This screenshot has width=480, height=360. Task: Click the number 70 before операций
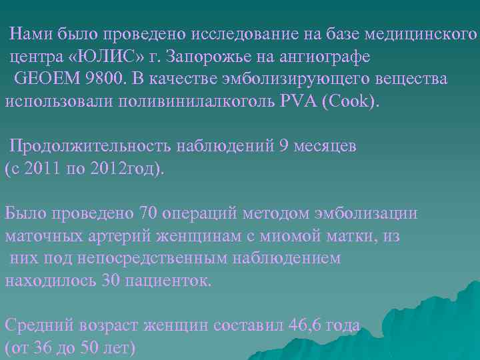[148, 213]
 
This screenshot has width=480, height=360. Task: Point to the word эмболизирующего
[294, 79]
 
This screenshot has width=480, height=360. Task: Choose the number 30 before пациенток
[111, 280]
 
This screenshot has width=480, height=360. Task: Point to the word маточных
[45, 236]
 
